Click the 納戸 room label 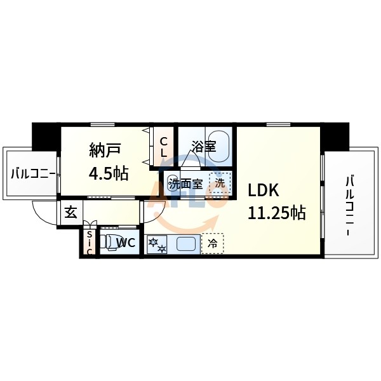point(105,151)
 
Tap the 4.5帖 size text point(109,173)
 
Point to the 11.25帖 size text point(276,212)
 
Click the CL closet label point(163,147)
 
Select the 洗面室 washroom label point(185,184)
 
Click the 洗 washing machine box point(218,183)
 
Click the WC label point(124,242)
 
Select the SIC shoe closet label point(90,243)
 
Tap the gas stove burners point(157,244)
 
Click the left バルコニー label point(32,172)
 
